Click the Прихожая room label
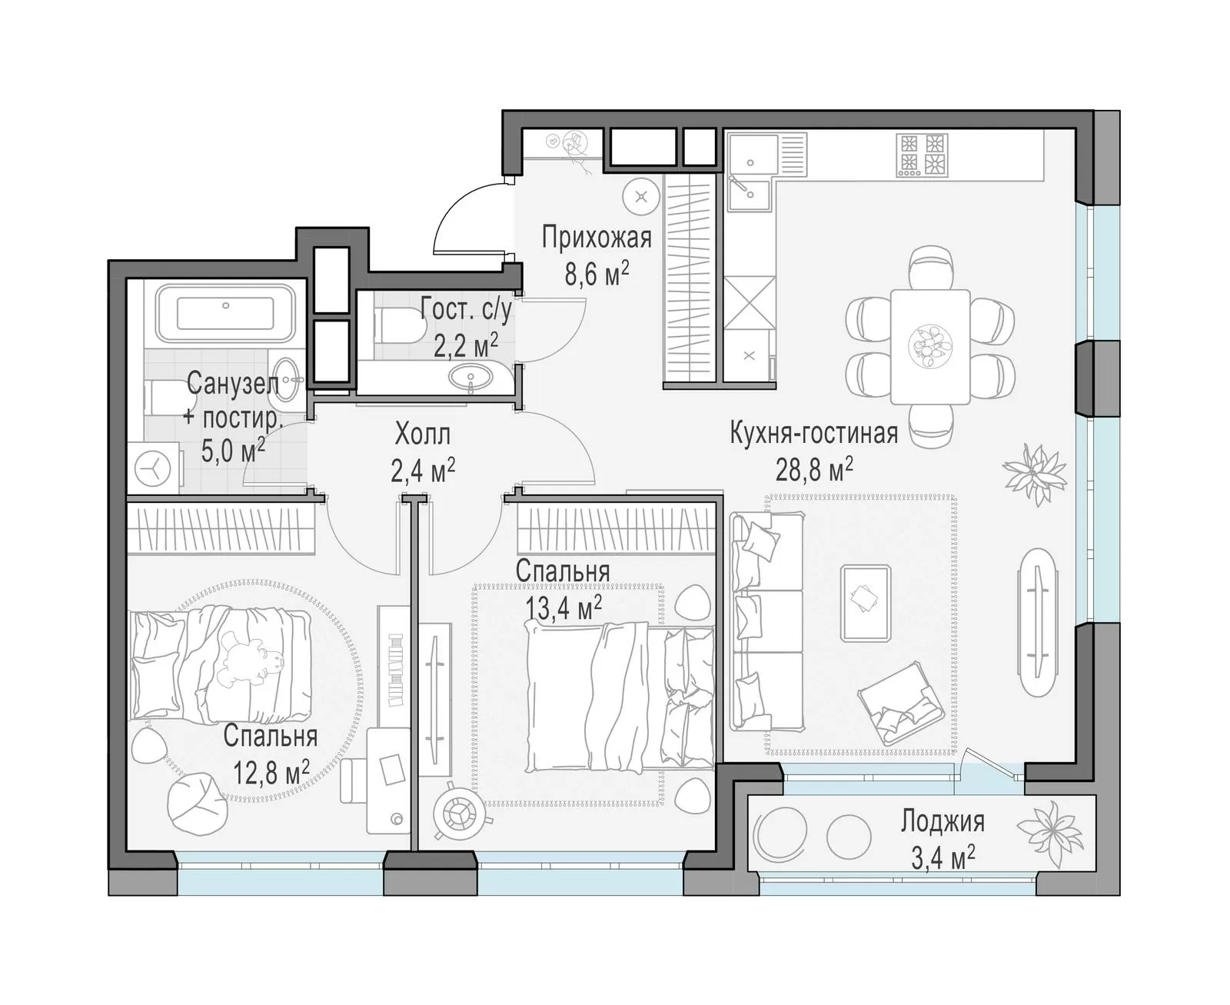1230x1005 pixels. point(596,238)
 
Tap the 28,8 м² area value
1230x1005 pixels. point(813,469)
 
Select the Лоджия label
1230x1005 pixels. point(942,822)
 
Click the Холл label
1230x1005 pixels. point(422,434)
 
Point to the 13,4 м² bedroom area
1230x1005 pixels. point(563,607)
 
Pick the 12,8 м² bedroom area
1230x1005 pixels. point(271,774)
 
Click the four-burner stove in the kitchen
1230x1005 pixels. point(922,155)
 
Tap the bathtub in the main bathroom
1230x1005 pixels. point(226,313)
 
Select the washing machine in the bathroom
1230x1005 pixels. point(153,468)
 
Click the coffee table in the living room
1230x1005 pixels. point(866,603)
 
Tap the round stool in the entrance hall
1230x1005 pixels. point(641,197)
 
